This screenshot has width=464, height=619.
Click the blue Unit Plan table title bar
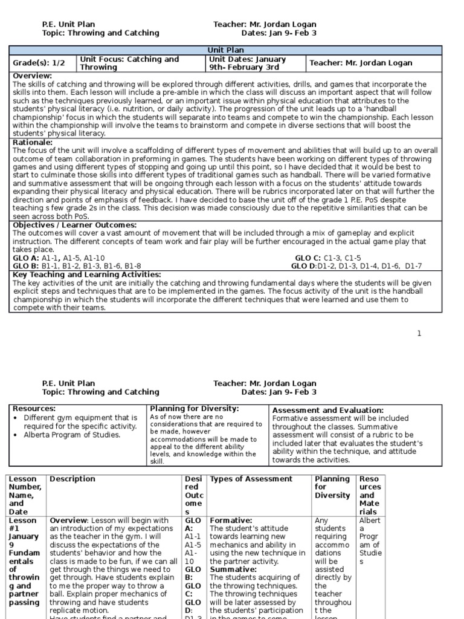click(x=225, y=50)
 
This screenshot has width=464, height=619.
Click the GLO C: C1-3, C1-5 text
click(x=327, y=258)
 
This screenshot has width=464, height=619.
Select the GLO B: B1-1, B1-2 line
click(x=77, y=266)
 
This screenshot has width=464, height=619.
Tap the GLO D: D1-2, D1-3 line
click(x=356, y=266)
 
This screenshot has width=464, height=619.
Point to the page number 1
click(x=419, y=334)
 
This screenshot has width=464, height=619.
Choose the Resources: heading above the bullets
click(x=34, y=409)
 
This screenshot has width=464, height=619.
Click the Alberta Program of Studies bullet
click(x=72, y=435)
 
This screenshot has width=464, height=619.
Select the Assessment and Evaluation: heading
click(x=327, y=410)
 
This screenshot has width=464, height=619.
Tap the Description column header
click(x=72, y=479)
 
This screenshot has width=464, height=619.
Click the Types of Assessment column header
click(x=251, y=479)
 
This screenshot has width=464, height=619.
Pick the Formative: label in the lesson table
click(x=231, y=520)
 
